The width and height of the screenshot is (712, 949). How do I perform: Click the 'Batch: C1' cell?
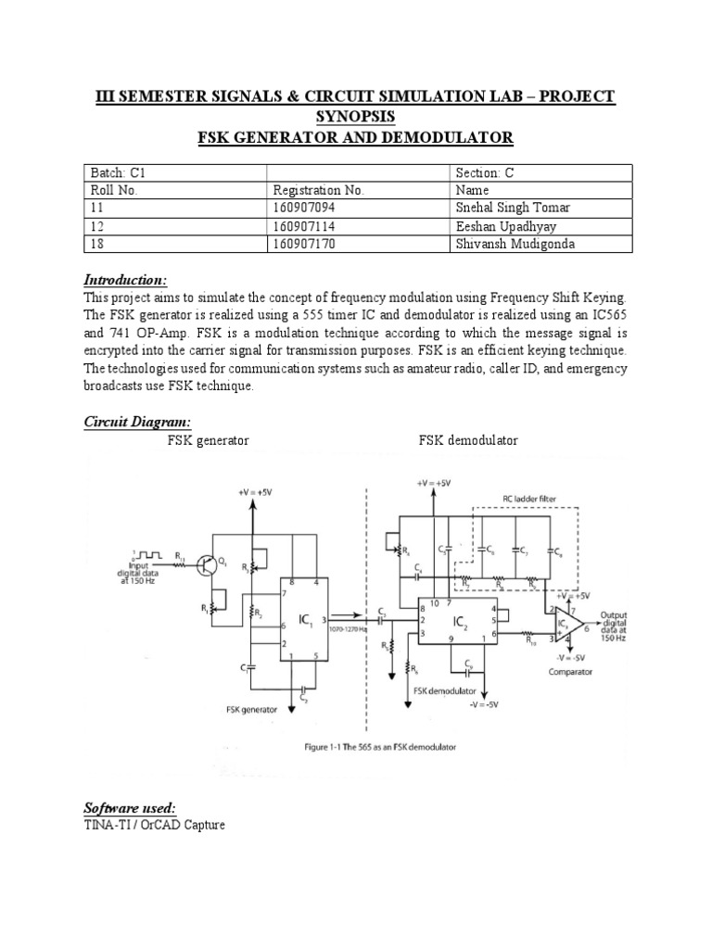tap(112, 172)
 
